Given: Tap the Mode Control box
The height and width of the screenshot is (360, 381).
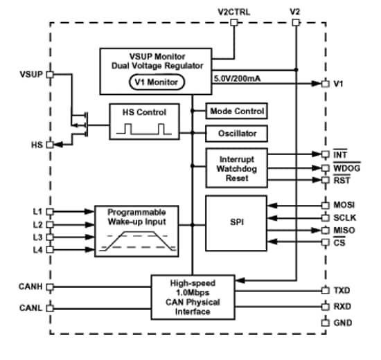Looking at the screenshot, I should pos(236,111).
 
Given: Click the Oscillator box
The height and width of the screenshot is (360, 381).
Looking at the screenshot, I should pos(236,133).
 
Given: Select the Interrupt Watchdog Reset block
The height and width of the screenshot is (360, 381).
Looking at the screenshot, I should pos(236,168).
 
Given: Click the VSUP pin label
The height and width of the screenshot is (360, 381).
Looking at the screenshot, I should pos(32,73).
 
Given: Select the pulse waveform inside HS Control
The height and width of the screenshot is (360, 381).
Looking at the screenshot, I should pos(142,129).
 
